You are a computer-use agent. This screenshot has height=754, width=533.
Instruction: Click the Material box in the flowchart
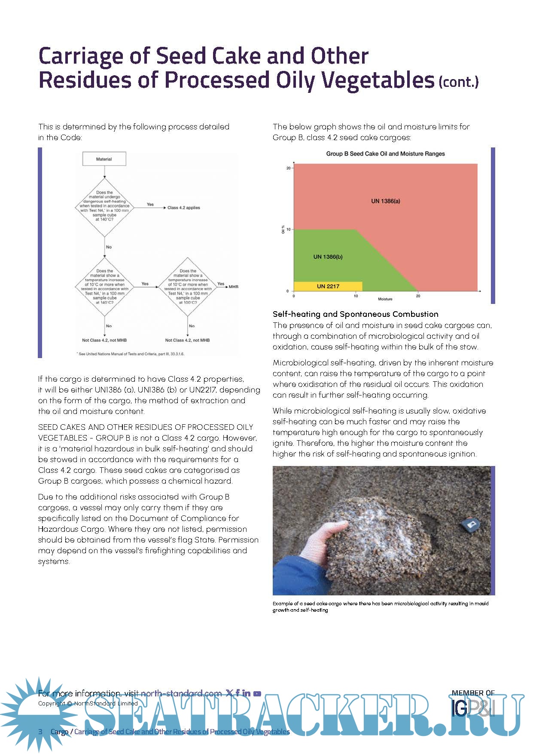[x=104, y=159]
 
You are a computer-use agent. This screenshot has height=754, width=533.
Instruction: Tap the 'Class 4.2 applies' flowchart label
[x=183, y=208]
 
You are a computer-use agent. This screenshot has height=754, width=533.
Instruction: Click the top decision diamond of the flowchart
[x=104, y=206]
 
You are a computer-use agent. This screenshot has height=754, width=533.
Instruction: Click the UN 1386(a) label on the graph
[x=386, y=201]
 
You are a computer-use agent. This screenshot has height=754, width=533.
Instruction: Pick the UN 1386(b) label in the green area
[x=328, y=257]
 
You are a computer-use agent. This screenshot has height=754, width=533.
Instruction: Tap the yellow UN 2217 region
[x=328, y=286]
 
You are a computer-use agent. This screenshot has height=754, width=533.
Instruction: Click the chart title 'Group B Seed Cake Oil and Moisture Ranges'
[x=385, y=154]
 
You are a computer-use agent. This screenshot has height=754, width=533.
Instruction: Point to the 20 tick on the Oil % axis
[x=289, y=168]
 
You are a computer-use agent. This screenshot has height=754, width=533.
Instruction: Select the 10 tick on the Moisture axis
[x=356, y=296]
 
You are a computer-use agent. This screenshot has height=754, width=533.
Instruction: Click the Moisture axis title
[x=385, y=299]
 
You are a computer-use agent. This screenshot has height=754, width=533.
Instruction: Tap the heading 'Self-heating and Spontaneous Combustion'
[x=355, y=314]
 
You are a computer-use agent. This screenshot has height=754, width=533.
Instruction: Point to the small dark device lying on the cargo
[x=470, y=524]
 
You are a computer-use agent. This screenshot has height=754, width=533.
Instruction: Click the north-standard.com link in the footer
[x=181, y=693]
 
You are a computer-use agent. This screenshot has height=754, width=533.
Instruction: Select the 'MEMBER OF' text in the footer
[x=473, y=693]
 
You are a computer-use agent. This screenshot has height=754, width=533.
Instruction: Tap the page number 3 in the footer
[x=40, y=732]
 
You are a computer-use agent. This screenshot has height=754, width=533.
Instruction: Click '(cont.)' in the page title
[x=458, y=82]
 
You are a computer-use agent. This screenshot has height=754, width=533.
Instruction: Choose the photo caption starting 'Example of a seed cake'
[x=380, y=607]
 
